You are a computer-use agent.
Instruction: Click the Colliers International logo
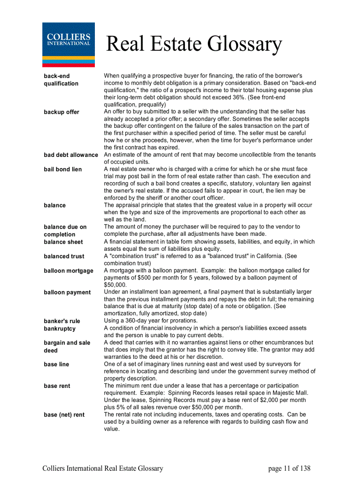(68, 44)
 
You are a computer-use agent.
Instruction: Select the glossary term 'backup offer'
(61, 112)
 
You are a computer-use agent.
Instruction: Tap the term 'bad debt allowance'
(71, 155)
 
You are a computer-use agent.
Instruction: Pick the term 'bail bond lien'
(63, 169)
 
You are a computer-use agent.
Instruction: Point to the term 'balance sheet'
(63, 242)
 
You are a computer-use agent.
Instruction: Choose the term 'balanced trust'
(64, 256)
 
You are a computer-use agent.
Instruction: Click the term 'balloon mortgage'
(68, 271)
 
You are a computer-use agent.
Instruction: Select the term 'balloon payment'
(67, 292)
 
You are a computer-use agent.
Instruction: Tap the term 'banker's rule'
(62, 321)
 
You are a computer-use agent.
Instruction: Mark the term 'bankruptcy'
(60, 328)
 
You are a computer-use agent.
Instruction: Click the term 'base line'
(56, 364)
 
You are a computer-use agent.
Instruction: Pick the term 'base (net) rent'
(64, 414)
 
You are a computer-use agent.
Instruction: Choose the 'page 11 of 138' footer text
(289, 469)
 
